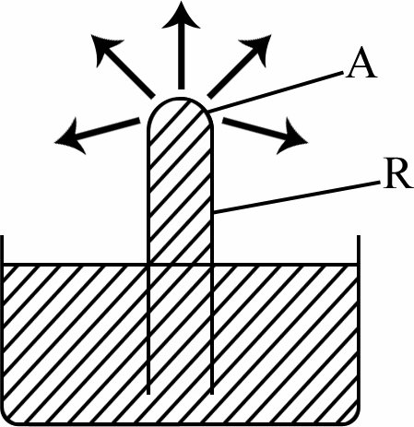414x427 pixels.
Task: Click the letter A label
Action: (x=361, y=63)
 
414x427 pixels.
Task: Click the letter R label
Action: (x=398, y=173)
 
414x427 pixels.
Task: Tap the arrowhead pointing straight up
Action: (x=181, y=16)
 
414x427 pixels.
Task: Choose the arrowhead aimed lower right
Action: (x=290, y=136)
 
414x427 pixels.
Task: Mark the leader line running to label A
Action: (x=276, y=91)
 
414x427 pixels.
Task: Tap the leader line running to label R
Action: (x=297, y=196)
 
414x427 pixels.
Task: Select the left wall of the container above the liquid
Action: (x=3, y=250)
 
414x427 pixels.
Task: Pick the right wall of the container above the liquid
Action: (x=359, y=250)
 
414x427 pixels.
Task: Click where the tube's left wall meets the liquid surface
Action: (x=148, y=264)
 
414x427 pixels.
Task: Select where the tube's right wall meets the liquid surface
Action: (x=212, y=264)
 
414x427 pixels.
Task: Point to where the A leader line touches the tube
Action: (x=208, y=112)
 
